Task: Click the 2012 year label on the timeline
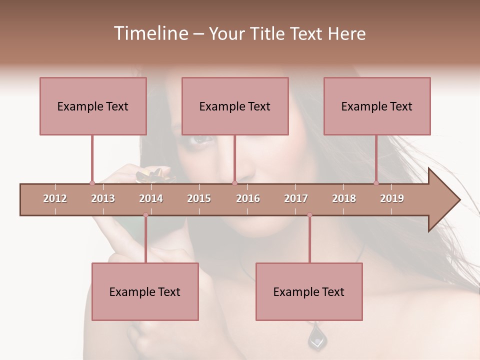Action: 55,198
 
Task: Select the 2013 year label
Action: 103,198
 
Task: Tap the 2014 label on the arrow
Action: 151,198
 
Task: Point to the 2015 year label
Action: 199,198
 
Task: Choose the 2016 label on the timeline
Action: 248,198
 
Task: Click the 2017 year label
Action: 296,198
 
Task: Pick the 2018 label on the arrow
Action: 344,198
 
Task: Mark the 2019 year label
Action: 392,198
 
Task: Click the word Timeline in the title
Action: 149,33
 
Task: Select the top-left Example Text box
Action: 93,106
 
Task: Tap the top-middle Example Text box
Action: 235,106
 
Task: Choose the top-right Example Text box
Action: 377,106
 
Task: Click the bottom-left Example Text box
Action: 145,291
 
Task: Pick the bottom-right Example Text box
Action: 309,291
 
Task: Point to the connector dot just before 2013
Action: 92,183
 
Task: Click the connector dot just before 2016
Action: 234,183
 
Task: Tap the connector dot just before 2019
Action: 376,183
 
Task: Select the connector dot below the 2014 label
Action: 145,215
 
